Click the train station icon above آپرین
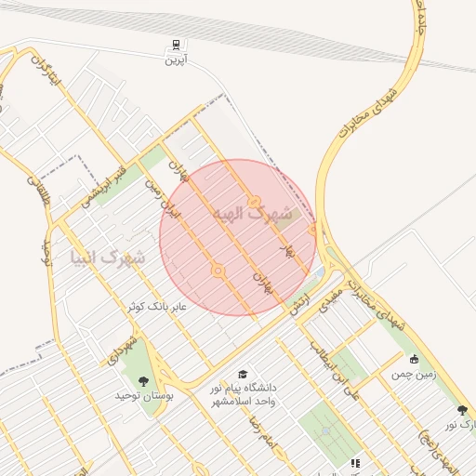coord(176,46)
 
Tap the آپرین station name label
coord(176,60)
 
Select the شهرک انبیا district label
coord(108,256)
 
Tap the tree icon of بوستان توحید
coord(142,380)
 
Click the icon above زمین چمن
coord(414,359)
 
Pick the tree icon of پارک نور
coord(462,410)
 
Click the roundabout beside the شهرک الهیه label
coord(254,202)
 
